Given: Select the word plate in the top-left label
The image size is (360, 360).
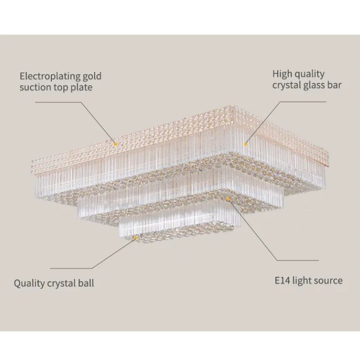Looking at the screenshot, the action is [82, 88].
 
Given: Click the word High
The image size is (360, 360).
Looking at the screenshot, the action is [282, 74].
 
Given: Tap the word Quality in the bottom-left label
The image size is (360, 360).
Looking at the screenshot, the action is [29, 283].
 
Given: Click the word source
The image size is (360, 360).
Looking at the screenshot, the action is [329, 280].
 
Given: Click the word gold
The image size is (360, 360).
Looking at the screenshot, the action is [92, 76].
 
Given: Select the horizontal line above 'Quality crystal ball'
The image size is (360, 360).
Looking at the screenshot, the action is [71, 269].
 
